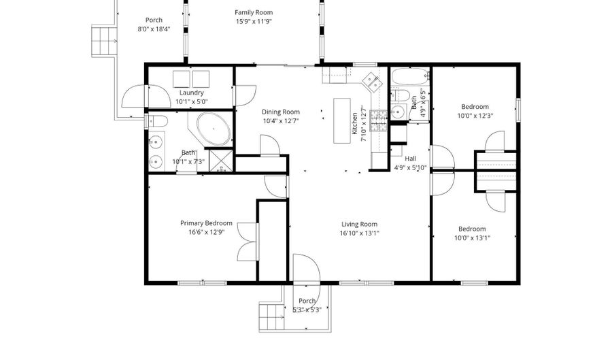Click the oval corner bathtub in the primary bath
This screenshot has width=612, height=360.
[214, 129]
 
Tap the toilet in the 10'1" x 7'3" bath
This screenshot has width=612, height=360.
[156, 121]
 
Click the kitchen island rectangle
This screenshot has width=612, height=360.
[341, 121]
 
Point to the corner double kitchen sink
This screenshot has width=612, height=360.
[371, 82]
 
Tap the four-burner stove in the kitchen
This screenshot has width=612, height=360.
[378, 122]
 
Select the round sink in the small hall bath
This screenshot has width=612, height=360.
[398, 112]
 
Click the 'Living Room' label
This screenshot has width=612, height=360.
[358, 224]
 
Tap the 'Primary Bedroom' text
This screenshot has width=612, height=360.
[206, 223]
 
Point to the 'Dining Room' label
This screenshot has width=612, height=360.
[281, 112]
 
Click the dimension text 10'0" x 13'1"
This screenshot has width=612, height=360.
[472, 238]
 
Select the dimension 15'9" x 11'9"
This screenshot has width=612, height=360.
[254, 21]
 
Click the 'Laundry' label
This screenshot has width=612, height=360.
[192, 93]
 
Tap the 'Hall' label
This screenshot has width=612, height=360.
[410, 158]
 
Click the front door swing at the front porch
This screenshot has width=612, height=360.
[306, 268]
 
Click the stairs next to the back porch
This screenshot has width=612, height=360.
[105, 42]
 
